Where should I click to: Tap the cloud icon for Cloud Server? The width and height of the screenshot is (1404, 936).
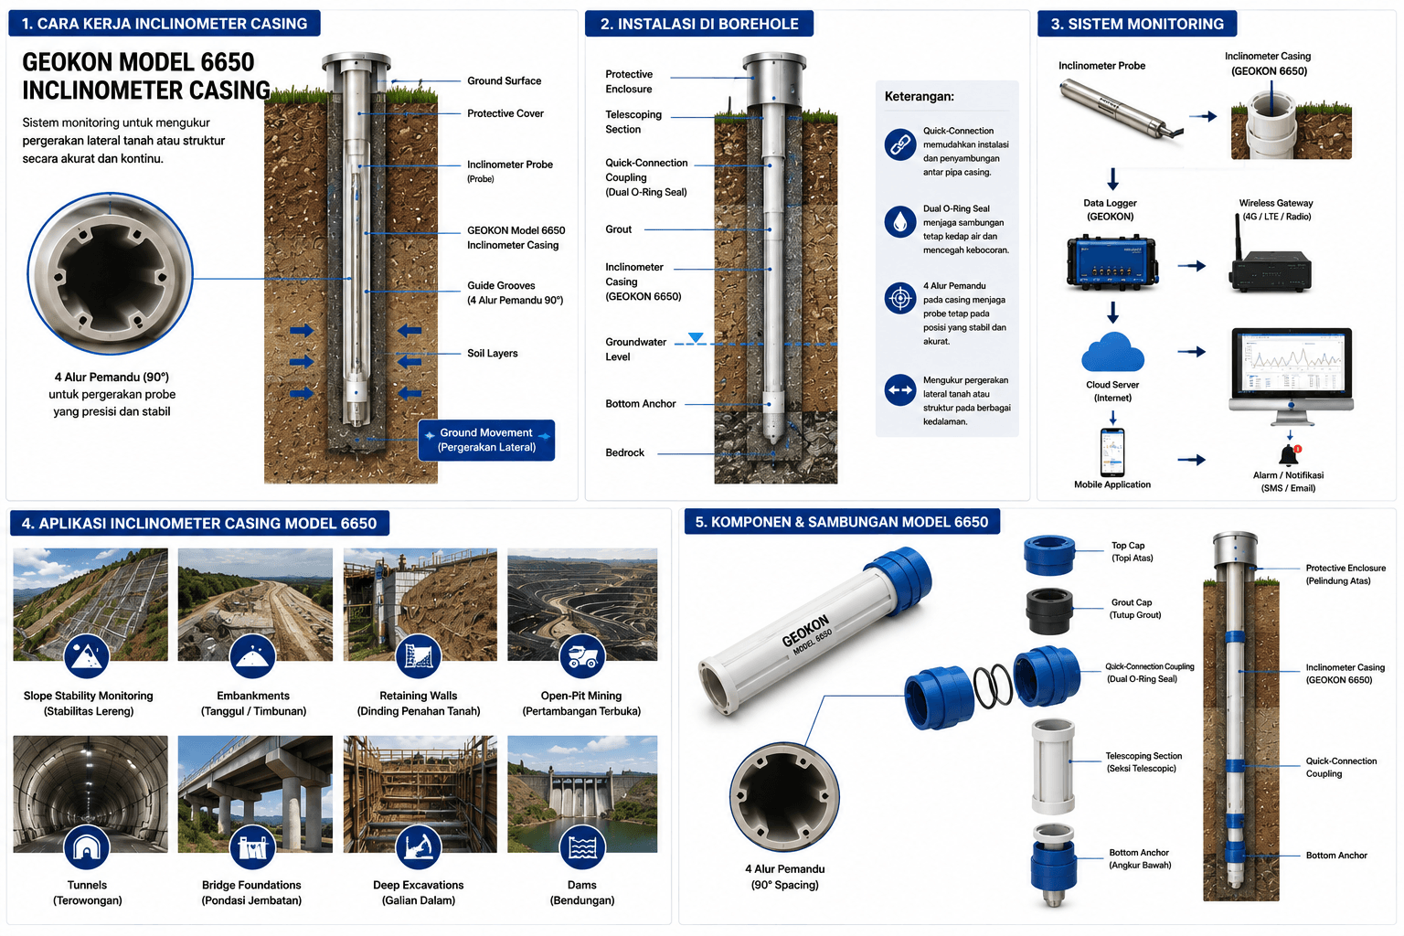(1112, 352)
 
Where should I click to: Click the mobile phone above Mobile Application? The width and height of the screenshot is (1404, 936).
(1112, 452)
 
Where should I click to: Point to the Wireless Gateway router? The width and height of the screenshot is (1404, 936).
(1271, 262)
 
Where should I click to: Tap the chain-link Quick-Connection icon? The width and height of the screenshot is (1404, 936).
(900, 144)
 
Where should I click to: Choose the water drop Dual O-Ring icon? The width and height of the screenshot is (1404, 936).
(900, 221)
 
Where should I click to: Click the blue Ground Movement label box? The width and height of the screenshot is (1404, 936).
(486, 440)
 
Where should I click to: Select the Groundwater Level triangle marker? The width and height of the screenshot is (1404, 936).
(695, 337)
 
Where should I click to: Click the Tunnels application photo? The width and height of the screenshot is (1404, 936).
(90, 793)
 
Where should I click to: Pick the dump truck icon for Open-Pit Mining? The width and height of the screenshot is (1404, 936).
(582, 656)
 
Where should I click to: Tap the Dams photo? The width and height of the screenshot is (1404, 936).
(582, 793)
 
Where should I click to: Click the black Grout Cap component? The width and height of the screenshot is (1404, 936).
(1048, 611)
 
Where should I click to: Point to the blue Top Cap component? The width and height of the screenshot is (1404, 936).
(1049, 555)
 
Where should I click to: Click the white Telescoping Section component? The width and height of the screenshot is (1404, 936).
(1053, 767)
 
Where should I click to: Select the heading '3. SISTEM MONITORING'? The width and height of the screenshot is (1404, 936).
(1137, 24)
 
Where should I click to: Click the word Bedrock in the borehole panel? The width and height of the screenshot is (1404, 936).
(624, 452)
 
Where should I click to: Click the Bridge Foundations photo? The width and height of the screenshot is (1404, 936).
(255, 793)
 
